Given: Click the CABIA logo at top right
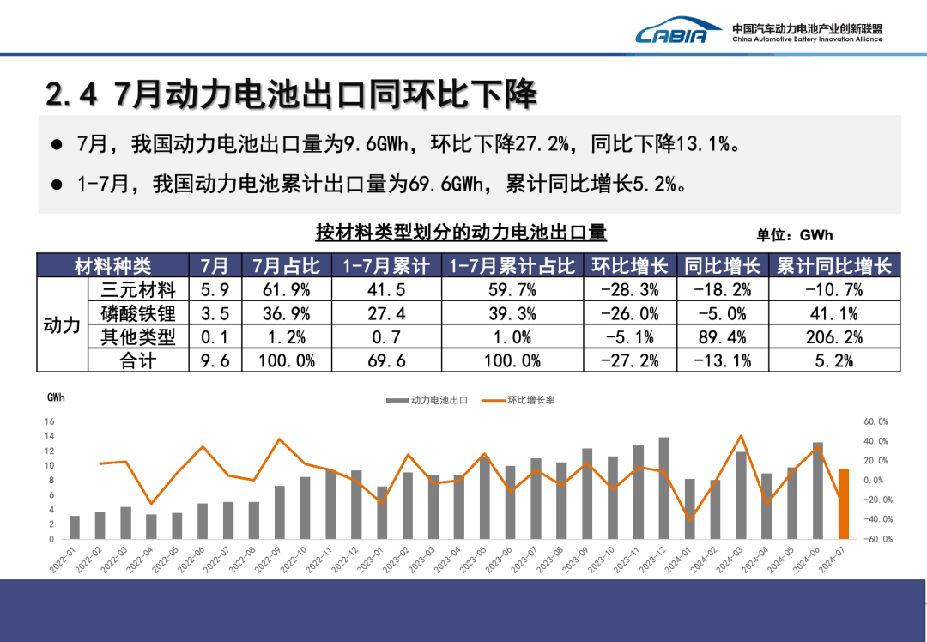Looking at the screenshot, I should pyautogui.click(x=672, y=32).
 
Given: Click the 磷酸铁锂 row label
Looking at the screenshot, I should pyautogui.click(x=137, y=314).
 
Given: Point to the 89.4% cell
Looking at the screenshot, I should pyautogui.click(x=722, y=337).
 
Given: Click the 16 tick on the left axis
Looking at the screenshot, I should pyautogui.click(x=49, y=421).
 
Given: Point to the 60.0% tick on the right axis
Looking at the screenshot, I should pyautogui.click(x=875, y=421).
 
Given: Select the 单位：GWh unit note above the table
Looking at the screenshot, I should pyautogui.click(x=795, y=234).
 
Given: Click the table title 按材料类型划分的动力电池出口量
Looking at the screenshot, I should pyautogui.click(x=461, y=232).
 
